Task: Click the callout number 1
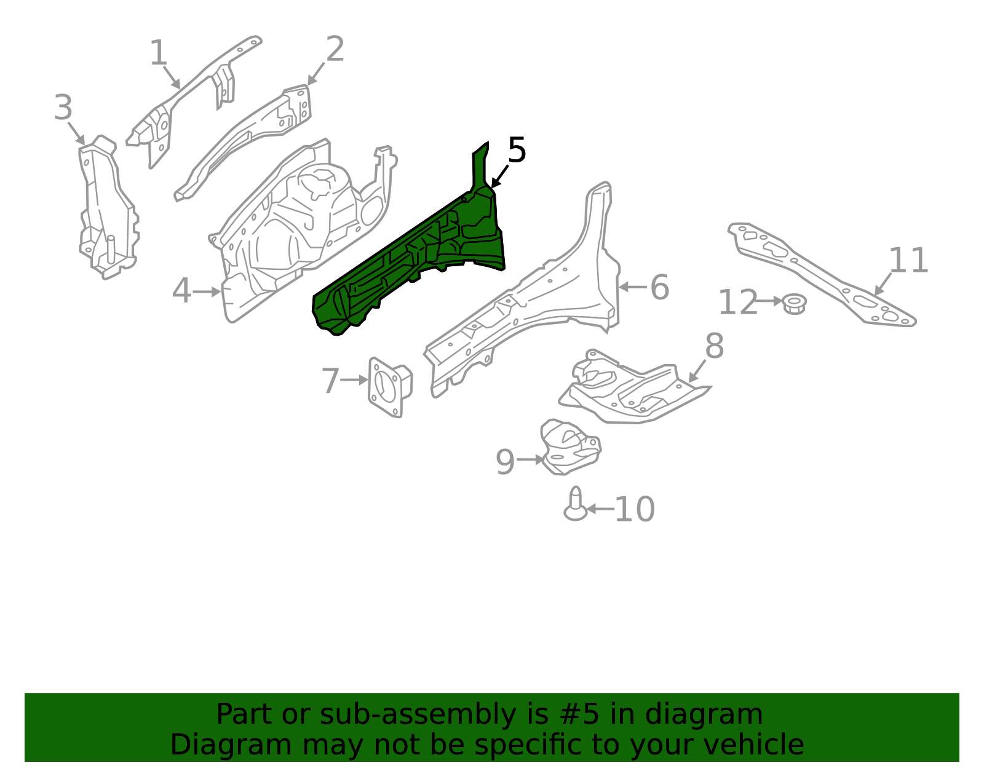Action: tap(159, 53)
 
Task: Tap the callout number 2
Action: tap(335, 49)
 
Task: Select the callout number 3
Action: tap(63, 108)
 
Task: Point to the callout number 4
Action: tap(181, 291)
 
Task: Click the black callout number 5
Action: tap(517, 150)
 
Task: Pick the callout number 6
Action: tap(659, 287)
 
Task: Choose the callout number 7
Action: tap(330, 381)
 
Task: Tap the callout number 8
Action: tap(715, 346)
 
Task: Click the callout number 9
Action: tap(506, 462)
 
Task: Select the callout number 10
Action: tap(635, 510)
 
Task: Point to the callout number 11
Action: tap(908, 260)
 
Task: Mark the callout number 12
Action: tap(738, 303)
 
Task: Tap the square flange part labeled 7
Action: tap(389, 387)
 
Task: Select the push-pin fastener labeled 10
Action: tap(576, 504)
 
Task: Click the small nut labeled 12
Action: tap(794, 303)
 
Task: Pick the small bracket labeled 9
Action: tap(570, 447)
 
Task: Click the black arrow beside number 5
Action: tap(499, 176)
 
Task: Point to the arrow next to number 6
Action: tap(633, 287)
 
